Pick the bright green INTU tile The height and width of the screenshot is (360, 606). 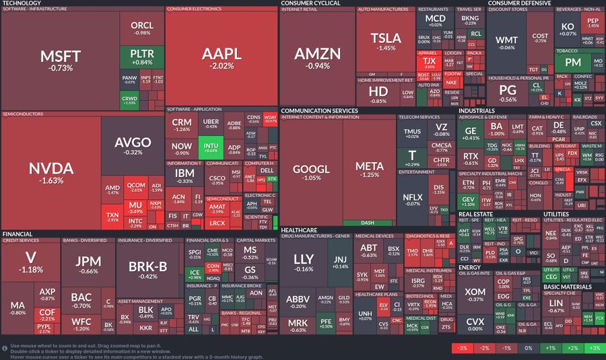[210, 147]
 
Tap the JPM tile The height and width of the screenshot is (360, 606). [88, 265]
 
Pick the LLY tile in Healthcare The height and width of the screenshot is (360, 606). [304, 263]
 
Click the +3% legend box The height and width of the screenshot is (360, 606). [594, 348]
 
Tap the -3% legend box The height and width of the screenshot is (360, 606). [462, 348]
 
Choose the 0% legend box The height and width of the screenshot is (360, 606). [528, 348]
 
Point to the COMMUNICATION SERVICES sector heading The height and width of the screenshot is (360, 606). [319, 110]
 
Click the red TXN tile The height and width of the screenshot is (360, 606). [112, 217]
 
